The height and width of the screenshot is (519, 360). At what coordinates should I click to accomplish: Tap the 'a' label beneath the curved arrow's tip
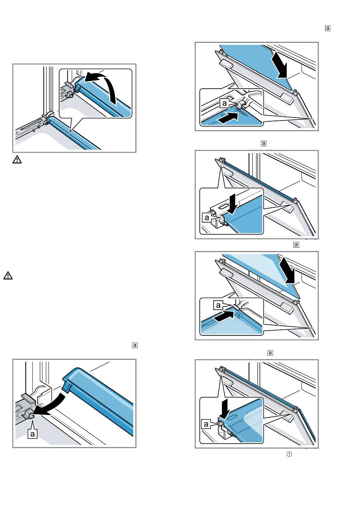click(33, 433)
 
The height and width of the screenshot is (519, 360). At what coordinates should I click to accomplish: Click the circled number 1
click(289, 454)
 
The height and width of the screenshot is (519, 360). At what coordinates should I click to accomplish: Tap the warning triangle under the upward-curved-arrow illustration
click(17, 160)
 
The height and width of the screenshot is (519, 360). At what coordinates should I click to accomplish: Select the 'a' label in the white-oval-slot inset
click(207, 218)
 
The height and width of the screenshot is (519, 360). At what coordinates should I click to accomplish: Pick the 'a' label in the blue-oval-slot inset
click(206, 424)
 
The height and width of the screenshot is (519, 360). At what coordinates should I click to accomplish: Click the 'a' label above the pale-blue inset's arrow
click(218, 304)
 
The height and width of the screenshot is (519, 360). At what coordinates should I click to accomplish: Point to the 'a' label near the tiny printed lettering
click(225, 103)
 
